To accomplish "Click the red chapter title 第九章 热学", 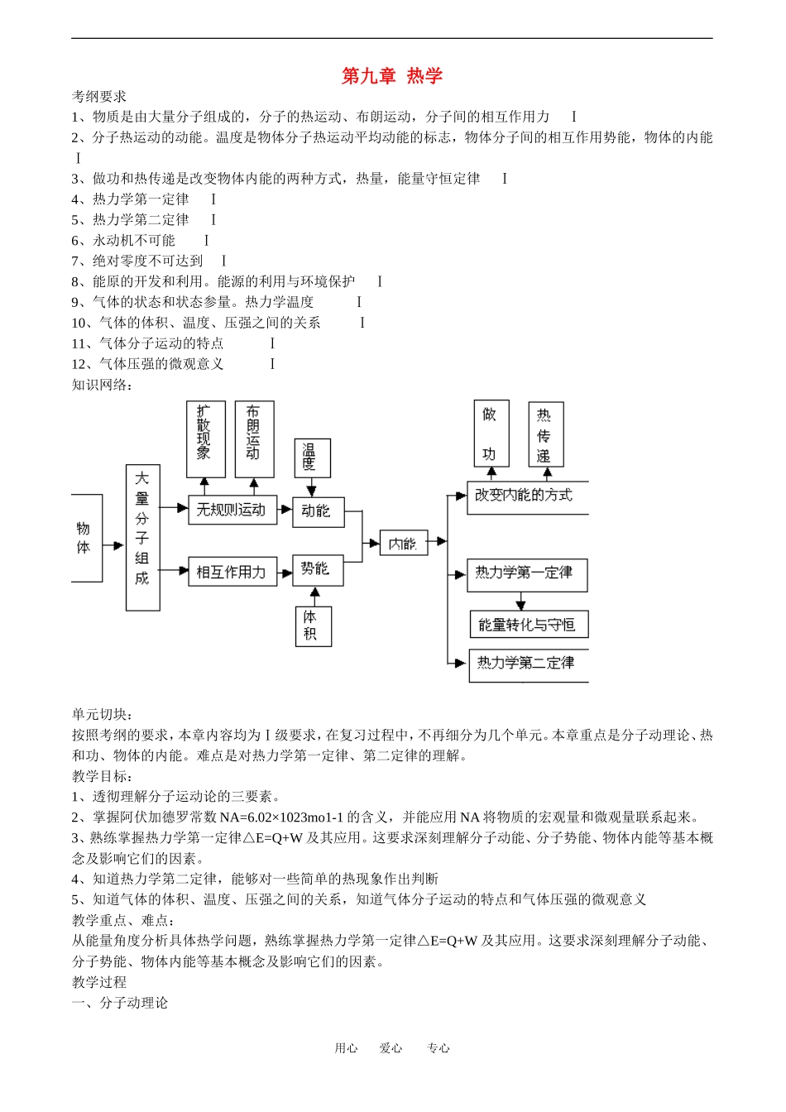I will (392, 76).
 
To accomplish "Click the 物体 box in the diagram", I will (86, 538).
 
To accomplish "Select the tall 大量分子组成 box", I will (142, 538).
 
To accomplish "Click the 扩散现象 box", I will (205, 439).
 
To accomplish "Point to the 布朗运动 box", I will (254, 439).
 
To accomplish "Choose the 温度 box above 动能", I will (312, 458).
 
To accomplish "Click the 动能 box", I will (318, 511).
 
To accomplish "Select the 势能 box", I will (318, 569).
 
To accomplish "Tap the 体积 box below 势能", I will (313, 625).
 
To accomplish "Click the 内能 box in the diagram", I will (403, 543).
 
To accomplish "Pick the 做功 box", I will (491, 434).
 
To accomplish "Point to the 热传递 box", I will (545, 434).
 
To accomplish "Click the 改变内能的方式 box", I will (526, 496).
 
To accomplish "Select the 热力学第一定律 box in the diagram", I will (526, 574).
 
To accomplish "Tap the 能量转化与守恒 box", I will (528, 625).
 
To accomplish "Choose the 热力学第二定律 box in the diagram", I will (528, 664).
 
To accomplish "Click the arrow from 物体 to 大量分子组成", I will (113, 546).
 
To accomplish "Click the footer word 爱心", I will (391, 1047).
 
